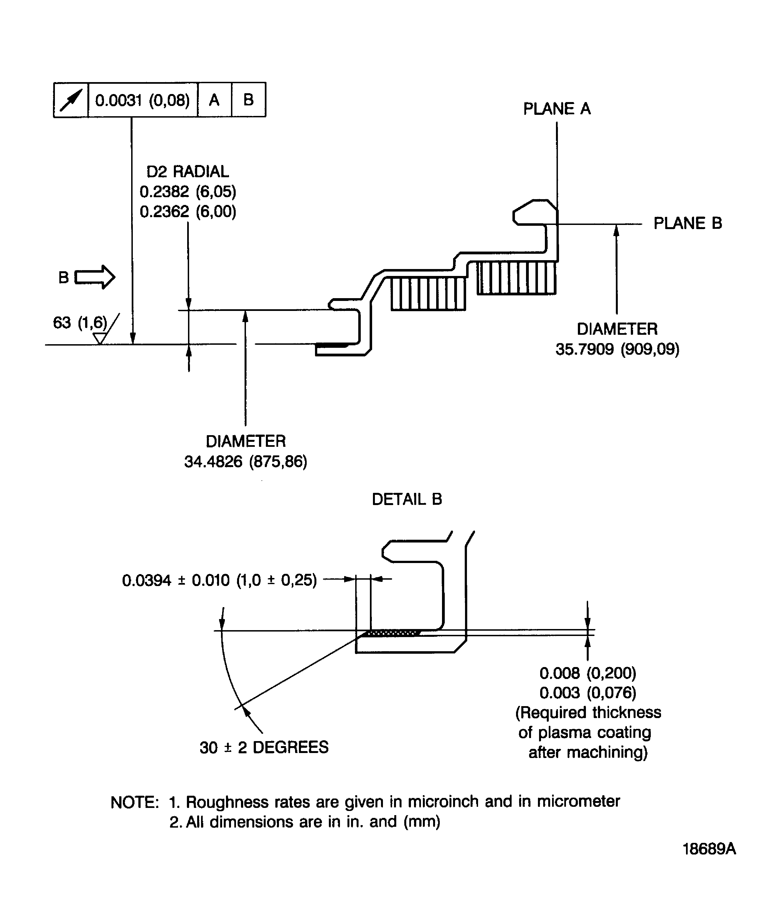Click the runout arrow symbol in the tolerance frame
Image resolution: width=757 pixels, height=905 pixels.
point(71,100)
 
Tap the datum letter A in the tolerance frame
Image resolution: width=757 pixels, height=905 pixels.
point(214,100)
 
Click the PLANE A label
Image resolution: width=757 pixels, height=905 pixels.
point(556,109)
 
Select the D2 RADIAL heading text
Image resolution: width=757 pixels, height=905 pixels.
point(187,171)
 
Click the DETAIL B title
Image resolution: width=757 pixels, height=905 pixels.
point(407,499)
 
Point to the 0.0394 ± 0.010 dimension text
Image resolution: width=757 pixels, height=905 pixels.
point(219,580)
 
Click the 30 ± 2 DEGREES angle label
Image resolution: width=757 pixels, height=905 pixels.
point(264,747)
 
